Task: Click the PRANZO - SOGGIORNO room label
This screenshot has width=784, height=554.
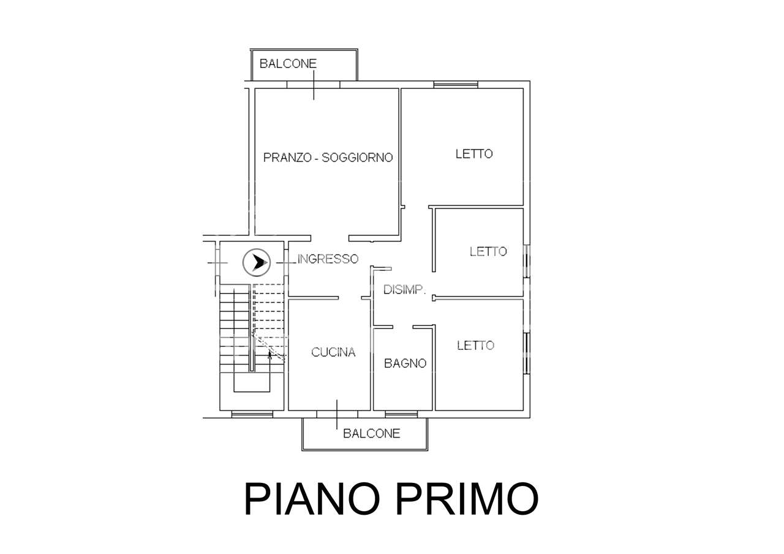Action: click(x=328, y=157)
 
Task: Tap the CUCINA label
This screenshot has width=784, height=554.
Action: click(x=333, y=352)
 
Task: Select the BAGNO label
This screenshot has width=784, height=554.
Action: click(x=405, y=363)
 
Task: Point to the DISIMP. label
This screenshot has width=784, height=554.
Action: click(x=405, y=290)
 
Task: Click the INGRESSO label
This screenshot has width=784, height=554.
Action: click(x=328, y=259)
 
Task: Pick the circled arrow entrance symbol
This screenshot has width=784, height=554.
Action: click(x=257, y=262)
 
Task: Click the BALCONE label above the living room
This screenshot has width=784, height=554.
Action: click(x=288, y=64)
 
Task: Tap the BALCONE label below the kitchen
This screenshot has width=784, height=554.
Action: click(x=371, y=433)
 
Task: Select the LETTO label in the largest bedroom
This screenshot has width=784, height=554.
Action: click(x=474, y=154)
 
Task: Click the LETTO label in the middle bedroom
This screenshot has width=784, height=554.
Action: click(x=488, y=251)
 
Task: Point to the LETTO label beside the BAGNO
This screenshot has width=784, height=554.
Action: click(x=476, y=346)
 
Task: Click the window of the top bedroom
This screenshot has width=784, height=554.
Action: click(x=456, y=85)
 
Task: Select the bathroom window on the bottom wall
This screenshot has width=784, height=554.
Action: click(x=401, y=414)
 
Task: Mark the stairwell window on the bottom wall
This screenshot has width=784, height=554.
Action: click(x=252, y=414)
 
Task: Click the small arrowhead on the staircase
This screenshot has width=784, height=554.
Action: click(x=269, y=355)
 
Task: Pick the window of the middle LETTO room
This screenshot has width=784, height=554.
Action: click(x=527, y=261)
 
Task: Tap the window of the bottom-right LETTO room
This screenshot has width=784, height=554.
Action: click(x=527, y=353)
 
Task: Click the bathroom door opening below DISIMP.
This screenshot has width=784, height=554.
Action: click(x=402, y=327)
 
